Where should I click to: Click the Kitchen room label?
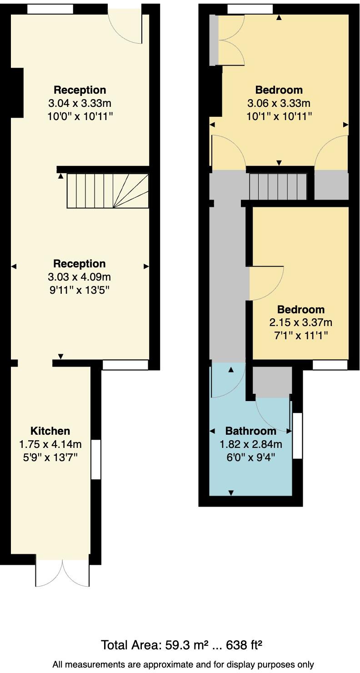50,431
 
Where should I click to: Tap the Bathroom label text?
250,431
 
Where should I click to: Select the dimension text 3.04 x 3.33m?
80,103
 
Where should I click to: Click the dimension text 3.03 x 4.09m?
79,276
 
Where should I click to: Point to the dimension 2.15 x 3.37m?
300,322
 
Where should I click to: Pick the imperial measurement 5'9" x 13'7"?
50,457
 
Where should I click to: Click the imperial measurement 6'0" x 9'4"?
250,457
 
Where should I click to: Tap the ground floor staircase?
108,191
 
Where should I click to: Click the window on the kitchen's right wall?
96,459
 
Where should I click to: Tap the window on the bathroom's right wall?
297,436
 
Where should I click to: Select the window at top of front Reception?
50,9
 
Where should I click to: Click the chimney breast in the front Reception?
16,92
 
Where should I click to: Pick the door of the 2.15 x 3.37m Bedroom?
266,283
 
